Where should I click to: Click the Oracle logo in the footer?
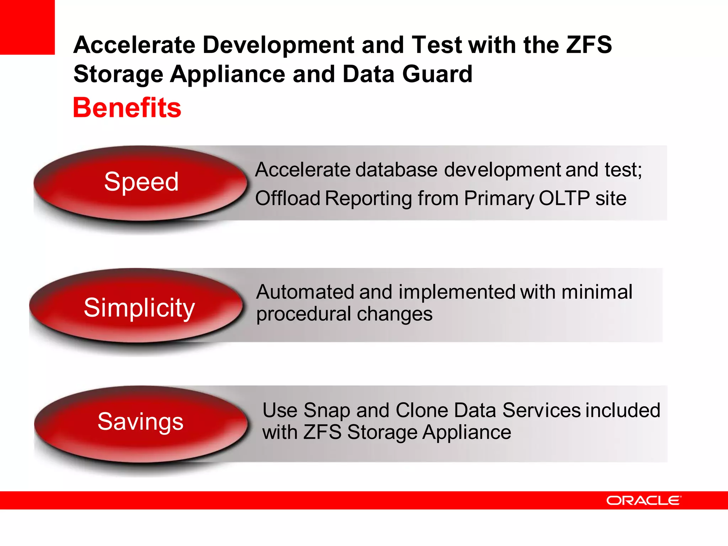pos(643,500)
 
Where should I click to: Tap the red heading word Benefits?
pos(127,108)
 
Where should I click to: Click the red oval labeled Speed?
pos(141,182)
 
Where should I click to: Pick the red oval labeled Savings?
pos(140,422)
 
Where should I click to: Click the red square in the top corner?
pos(27,27)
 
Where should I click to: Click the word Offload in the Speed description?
pos(288,198)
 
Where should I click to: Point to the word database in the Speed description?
pos(396,170)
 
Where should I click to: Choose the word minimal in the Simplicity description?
pos(597,292)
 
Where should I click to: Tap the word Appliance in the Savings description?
pos(467,433)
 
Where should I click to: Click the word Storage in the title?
pos(118,74)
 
